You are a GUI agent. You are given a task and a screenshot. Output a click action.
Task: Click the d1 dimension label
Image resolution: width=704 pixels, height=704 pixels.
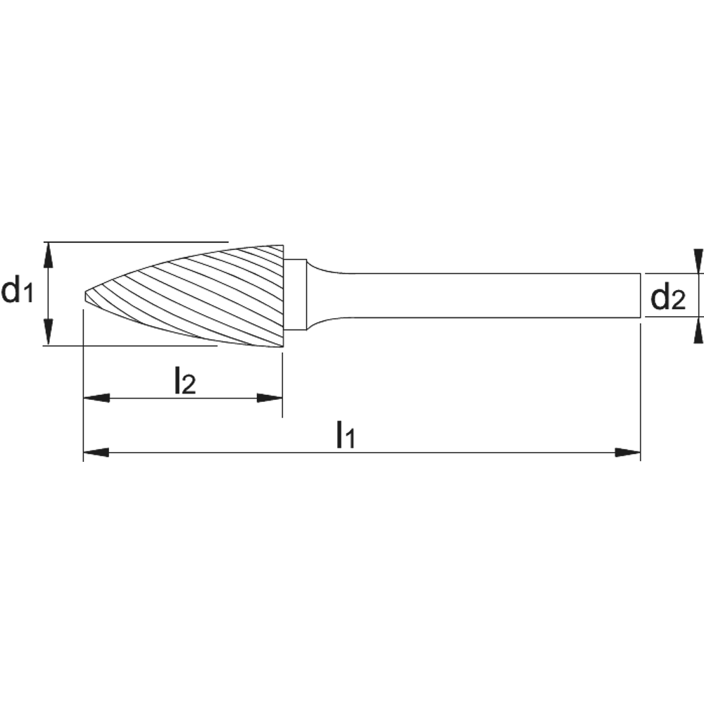point(17,290)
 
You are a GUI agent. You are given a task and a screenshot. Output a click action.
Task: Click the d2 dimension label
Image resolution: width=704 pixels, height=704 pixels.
point(668,298)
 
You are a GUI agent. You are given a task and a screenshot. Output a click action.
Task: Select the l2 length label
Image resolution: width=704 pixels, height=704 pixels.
point(185,380)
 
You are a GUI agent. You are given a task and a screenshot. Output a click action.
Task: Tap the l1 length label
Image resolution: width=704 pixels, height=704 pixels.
point(346,434)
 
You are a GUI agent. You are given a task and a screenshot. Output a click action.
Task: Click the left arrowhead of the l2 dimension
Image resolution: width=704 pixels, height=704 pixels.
point(96,398)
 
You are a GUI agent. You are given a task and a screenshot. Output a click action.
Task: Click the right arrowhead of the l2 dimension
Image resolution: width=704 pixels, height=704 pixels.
point(270,398)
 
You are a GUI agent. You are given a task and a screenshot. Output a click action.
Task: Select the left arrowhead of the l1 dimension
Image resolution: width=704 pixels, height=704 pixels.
point(96,453)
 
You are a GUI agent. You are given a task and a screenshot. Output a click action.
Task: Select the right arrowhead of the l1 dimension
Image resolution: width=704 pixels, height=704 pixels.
point(628,453)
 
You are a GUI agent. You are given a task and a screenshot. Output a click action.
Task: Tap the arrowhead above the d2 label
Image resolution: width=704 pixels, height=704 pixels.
point(698,261)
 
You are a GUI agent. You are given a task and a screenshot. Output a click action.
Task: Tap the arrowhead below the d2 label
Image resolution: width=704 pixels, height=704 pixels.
point(698,330)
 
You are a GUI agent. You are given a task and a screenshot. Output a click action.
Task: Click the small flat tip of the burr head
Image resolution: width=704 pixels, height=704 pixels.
point(85,296)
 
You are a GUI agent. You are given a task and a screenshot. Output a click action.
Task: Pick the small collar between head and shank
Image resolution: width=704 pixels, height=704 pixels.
point(295,295)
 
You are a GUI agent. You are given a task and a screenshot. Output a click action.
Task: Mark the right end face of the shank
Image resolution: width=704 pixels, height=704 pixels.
point(640,295)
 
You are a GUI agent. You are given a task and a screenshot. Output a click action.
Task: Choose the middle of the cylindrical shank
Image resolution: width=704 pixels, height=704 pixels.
point(489,295)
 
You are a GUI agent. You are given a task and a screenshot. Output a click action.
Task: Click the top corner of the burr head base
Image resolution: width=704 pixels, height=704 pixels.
point(283,245)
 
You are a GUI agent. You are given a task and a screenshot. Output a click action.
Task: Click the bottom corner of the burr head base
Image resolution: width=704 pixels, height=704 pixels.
point(283,346)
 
